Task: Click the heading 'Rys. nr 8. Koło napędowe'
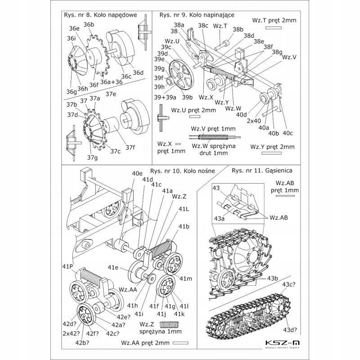101,14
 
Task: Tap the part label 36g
72,92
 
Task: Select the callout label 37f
130,147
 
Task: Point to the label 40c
288,133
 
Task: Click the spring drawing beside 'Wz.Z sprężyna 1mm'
171,325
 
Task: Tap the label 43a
220,218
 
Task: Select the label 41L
184,209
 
